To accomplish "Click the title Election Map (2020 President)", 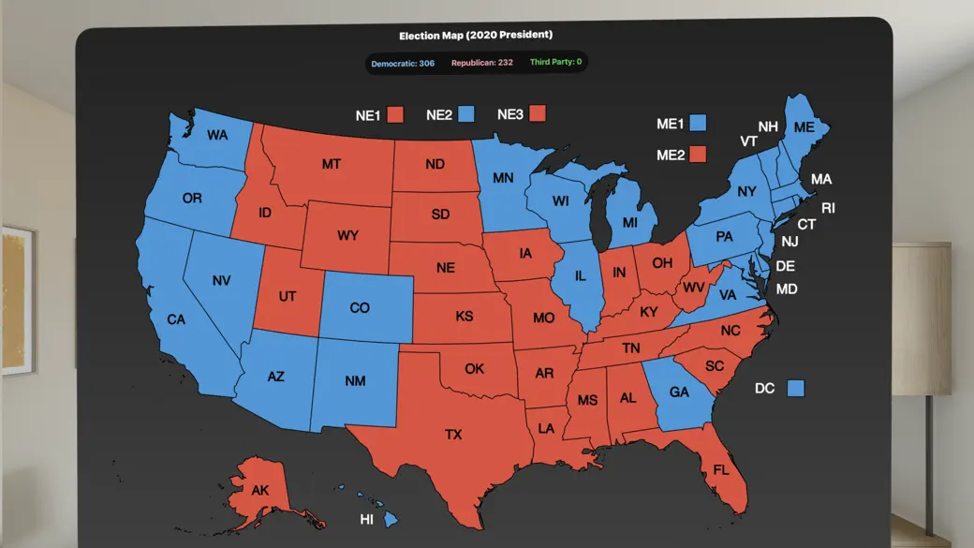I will click(476, 36).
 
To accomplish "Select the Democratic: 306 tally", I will click(403, 63).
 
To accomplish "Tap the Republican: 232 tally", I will click(481, 63).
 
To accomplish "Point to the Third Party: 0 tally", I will click(555, 63).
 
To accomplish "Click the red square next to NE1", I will click(395, 115).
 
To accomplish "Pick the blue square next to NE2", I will click(466, 114).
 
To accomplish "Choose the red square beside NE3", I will click(537, 114).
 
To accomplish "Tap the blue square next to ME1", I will click(697, 123).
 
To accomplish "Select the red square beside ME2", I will click(697, 155).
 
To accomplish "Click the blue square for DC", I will click(796, 388).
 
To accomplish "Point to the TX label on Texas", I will click(453, 435).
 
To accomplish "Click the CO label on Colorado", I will click(360, 308).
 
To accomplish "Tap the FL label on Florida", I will click(721, 469).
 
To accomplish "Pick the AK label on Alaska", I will click(261, 490).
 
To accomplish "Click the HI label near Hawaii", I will click(367, 519).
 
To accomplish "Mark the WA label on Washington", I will click(217, 136).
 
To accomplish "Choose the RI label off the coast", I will click(828, 208).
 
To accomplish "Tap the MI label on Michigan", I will click(629, 223).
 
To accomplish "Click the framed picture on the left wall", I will click(17, 301).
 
